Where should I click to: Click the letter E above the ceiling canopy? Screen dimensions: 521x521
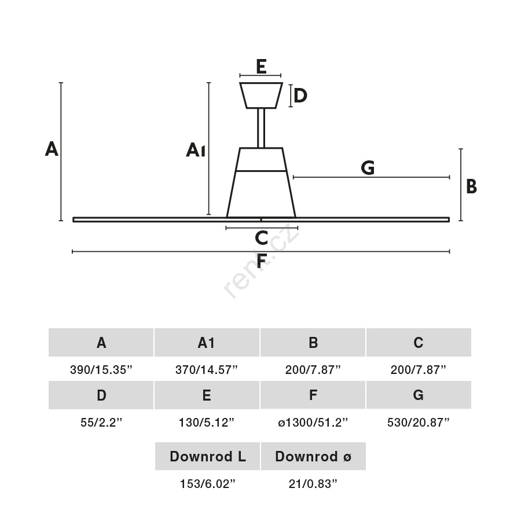261,67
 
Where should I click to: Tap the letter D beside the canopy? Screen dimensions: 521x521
300,96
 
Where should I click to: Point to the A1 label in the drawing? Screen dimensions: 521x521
196,150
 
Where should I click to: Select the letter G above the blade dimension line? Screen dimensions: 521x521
368,168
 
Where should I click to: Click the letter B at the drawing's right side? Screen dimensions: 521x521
471,186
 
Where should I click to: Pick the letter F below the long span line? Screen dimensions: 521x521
262,261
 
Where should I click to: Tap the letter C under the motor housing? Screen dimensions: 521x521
262,238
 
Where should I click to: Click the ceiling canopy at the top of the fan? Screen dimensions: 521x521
261,96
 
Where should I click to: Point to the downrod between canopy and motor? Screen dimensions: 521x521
261,129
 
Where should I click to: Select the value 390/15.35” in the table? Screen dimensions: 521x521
101,370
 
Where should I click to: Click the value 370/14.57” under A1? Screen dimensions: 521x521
206,370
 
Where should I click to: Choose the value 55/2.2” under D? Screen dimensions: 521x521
101,423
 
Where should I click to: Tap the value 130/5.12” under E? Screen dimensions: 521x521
206,423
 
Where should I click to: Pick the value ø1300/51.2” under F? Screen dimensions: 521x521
313,423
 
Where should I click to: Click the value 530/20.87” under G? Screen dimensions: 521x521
419,423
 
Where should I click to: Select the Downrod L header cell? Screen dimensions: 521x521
207,456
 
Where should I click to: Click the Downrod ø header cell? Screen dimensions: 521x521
313,456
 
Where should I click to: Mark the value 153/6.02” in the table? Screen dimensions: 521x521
207,484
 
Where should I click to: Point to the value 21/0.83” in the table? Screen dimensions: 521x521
313,484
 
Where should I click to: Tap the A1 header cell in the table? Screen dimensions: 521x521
207,342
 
